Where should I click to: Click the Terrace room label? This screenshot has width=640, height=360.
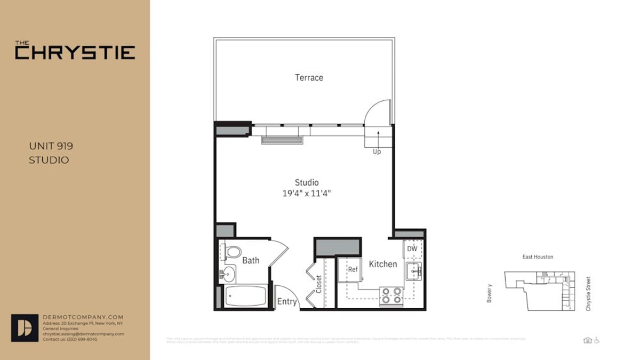(309, 77)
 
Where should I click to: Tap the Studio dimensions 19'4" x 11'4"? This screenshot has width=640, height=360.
(307, 194)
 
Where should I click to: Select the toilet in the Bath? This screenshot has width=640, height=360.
(232, 252)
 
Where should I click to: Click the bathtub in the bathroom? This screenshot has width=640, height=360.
(245, 296)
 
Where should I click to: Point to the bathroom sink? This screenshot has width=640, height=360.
(228, 274)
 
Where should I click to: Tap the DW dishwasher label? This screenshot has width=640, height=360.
(412, 249)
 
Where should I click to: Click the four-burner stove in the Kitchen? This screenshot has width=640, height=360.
(391, 296)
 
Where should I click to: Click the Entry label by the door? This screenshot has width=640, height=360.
(286, 302)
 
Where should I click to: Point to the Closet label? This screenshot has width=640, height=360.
(319, 284)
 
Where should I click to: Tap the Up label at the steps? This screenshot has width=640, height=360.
(377, 152)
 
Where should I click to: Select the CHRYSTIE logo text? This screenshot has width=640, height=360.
(75, 52)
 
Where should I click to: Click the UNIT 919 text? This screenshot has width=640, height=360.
(51, 146)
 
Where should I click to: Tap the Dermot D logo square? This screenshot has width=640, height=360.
(25, 327)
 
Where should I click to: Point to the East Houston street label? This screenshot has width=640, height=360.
(537, 257)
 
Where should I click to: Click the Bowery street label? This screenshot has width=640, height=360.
(489, 293)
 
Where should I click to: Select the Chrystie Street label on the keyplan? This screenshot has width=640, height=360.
(588, 293)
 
